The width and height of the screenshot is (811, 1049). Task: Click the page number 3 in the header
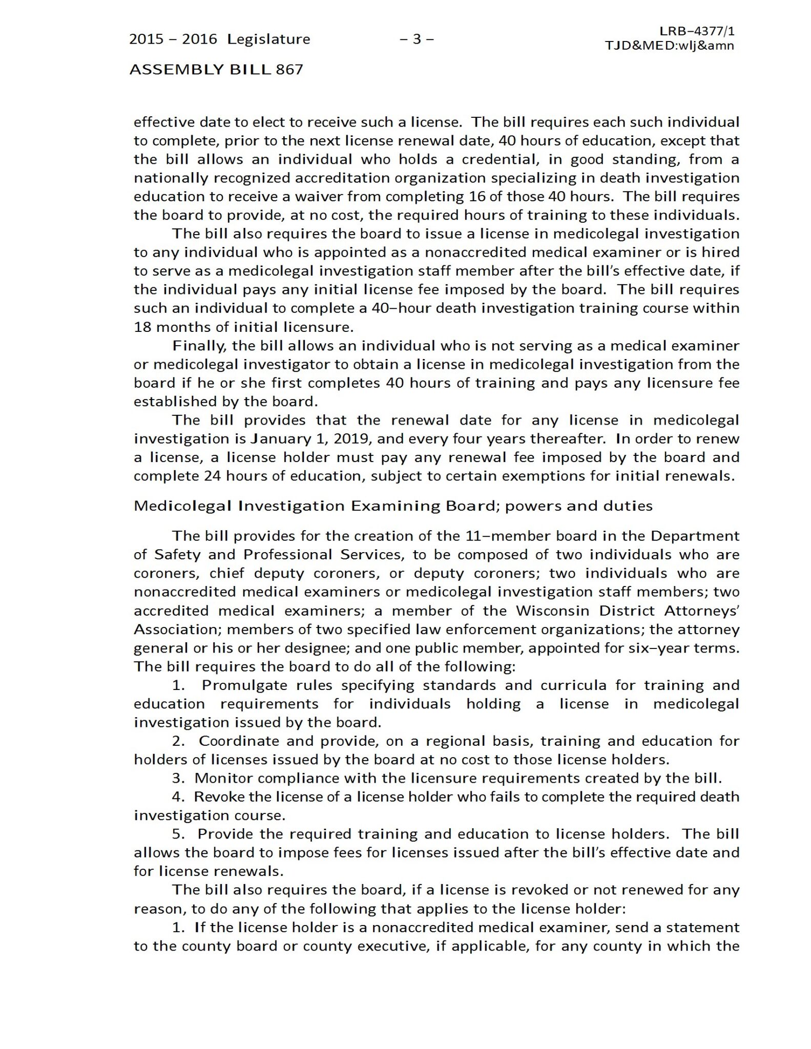click(417, 39)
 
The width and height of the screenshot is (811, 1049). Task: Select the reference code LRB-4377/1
click(697, 31)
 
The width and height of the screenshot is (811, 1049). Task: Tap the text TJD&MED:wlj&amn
click(669, 46)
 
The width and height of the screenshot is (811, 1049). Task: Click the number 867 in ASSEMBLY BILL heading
click(289, 70)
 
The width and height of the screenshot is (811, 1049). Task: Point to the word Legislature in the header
click(268, 39)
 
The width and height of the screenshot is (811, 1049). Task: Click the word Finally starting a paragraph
click(200, 346)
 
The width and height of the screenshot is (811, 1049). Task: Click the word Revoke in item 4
click(218, 797)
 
